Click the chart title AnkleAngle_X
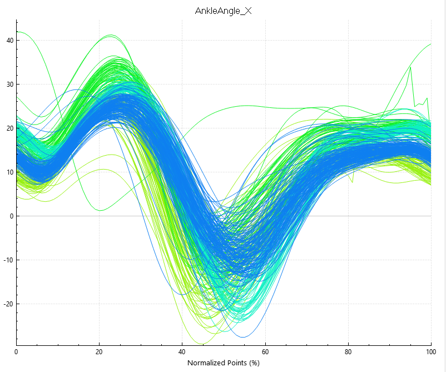[224, 11]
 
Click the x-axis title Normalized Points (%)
[224, 363]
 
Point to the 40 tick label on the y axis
[10, 41]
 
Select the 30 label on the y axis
[10, 85]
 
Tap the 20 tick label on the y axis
[10, 128]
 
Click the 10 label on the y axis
[10, 172]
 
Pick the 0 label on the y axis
[12, 216]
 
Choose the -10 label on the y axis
[9, 260]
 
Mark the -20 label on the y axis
[9, 304]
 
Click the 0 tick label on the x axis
[16, 352]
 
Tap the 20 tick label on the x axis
[99, 352]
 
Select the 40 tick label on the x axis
[182, 352]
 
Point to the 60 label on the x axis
[265, 352]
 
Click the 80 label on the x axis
[348, 352]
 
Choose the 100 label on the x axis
[431, 352]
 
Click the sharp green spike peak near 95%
[410, 67]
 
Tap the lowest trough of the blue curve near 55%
[243, 337]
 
